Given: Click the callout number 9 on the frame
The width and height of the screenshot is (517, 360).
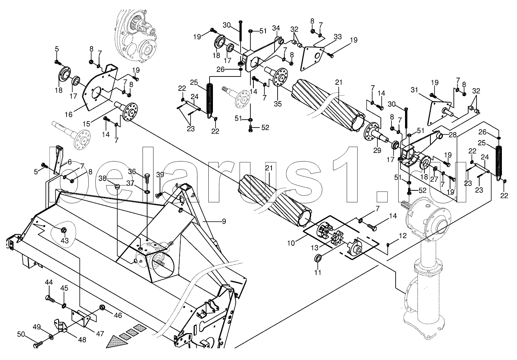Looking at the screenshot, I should pos(224,221).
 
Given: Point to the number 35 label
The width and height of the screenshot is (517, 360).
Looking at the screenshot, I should pos(278,104).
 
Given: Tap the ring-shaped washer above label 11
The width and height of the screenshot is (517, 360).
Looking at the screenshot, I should pos(318,259).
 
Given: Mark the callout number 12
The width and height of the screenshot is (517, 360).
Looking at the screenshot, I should pos(402,235).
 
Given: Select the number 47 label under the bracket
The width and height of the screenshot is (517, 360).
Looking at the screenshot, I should pos(99,334).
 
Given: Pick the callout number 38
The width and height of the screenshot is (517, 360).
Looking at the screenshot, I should pos(102,178).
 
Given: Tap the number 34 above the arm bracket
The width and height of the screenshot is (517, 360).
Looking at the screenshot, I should pos(276,28).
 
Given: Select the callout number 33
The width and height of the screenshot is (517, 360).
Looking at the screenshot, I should pos(337,37).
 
